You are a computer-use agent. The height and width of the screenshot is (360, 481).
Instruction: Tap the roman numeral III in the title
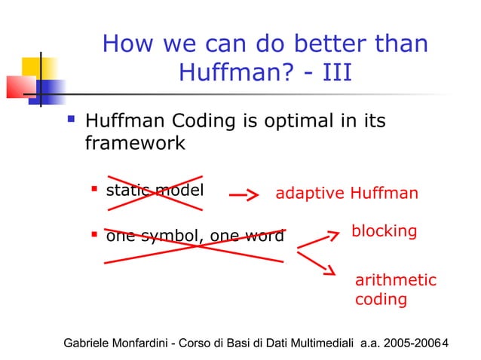click(329, 74)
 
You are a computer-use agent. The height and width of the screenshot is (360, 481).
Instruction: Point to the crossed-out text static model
click(155, 191)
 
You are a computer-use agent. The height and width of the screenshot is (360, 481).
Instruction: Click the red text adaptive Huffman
click(347, 194)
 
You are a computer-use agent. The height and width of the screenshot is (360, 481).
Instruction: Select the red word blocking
click(384, 230)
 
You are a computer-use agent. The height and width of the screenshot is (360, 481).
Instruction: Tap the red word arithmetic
click(396, 280)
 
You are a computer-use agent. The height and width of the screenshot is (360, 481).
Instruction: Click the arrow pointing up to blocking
click(318, 239)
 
